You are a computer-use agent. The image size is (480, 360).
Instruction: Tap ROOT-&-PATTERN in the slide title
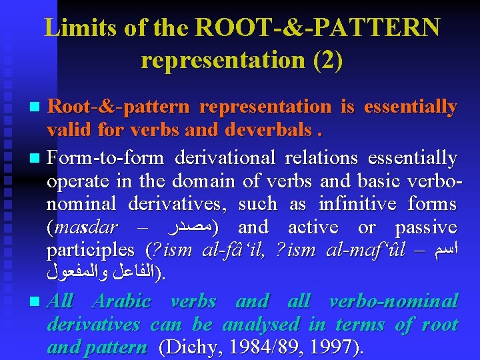tap(317, 28)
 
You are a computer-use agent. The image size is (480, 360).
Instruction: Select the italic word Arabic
tap(122, 301)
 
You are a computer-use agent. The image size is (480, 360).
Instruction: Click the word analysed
tap(260, 325)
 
